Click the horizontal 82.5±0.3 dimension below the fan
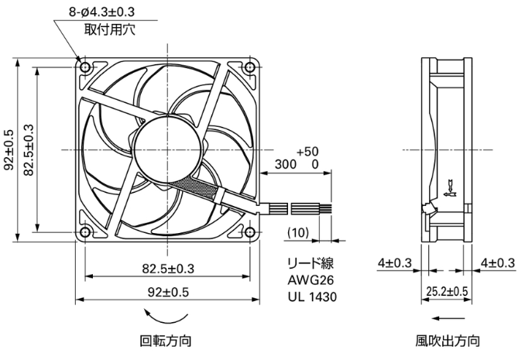(168, 268)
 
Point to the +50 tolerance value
(307, 151)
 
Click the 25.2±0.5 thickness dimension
(448, 291)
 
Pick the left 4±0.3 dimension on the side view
(395, 263)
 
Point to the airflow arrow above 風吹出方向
(448, 318)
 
